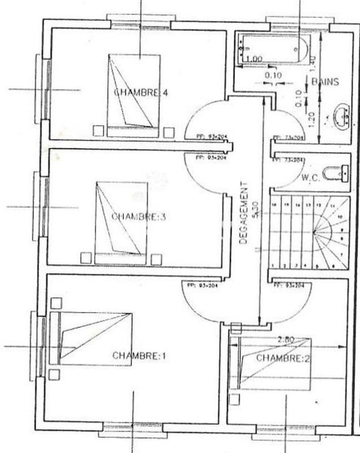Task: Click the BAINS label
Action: coord(325,82)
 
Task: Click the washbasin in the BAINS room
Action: coord(342,116)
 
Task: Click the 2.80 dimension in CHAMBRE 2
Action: coord(288,340)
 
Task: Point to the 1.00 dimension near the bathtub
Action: coord(254,59)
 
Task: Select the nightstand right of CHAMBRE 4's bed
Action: coord(168,132)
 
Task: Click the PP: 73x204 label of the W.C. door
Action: coord(289,161)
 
